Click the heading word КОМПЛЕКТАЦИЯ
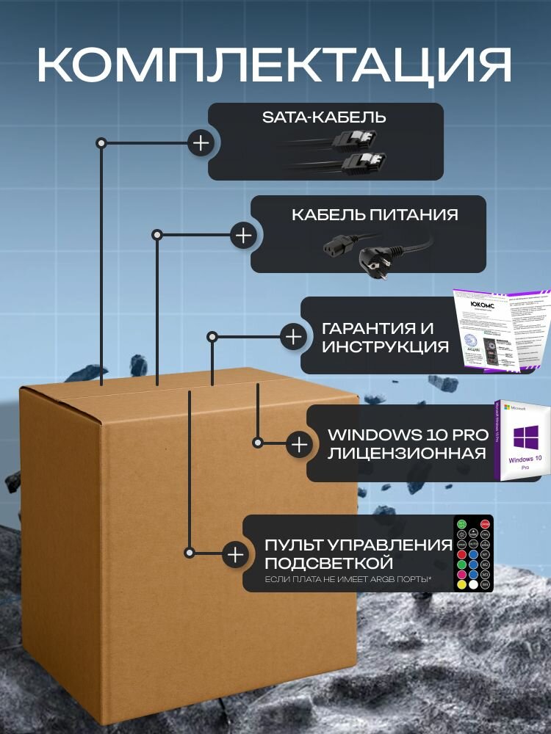click(275, 65)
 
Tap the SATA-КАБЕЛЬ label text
click(324, 117)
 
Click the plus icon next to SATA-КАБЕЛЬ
click(201, 142)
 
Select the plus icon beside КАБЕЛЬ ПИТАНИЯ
click(242, 236)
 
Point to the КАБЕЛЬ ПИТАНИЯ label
click(375, 214)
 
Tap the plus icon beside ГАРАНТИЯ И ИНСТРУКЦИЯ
click(293, 337)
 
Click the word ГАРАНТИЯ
click(378, 328)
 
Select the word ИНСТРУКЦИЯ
click(385, 346)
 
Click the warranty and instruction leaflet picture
click(501, 330)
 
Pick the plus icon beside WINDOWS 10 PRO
click(299, 444)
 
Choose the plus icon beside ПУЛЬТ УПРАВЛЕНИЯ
click(235, 554)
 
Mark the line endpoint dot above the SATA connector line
click(102, 142)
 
